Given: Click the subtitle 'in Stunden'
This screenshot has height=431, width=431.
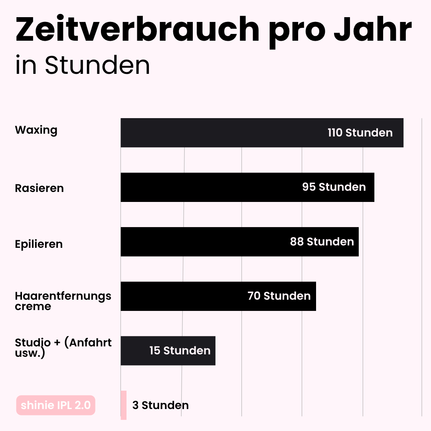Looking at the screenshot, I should pyautogui.click(x=83, y=65).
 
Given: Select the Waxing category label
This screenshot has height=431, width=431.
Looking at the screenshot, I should pyautogui.click(x=36, y=130).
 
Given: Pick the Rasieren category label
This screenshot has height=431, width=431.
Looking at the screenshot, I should pyautogui.click(x=40, y=188).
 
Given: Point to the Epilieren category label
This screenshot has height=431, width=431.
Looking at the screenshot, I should pyautogui.click(x=39, y=244).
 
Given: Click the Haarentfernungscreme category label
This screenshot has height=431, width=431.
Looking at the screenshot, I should pyautogui.click(x=63, y=301).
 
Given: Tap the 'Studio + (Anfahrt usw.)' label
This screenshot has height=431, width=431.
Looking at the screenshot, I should pyautogui.click(x=63, y=347).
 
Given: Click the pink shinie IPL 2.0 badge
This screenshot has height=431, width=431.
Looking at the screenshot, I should pyautogui.click(x=56, y=405).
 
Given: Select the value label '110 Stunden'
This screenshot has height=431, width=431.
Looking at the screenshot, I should pyautogui.click(x=360, y=133).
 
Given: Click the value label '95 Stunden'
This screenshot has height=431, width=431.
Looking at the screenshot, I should pyautogui.click(x=334, y=187).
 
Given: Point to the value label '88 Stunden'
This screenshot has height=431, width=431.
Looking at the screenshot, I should pyautogui.click(x=322, y=242).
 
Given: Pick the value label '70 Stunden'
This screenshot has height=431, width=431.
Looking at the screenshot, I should pyautogui.click(x=279, y=296).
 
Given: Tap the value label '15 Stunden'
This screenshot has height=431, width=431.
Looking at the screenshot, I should pyautogui.click(x=180, y=351).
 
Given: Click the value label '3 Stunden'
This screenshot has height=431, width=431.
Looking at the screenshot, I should pyautogui.click(x=160, y=405).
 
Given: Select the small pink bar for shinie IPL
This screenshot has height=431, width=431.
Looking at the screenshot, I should pyautogui.click(x=124, y=405).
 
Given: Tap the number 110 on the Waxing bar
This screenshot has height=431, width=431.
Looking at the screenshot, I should pyautogui.click(x=335, y=133).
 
